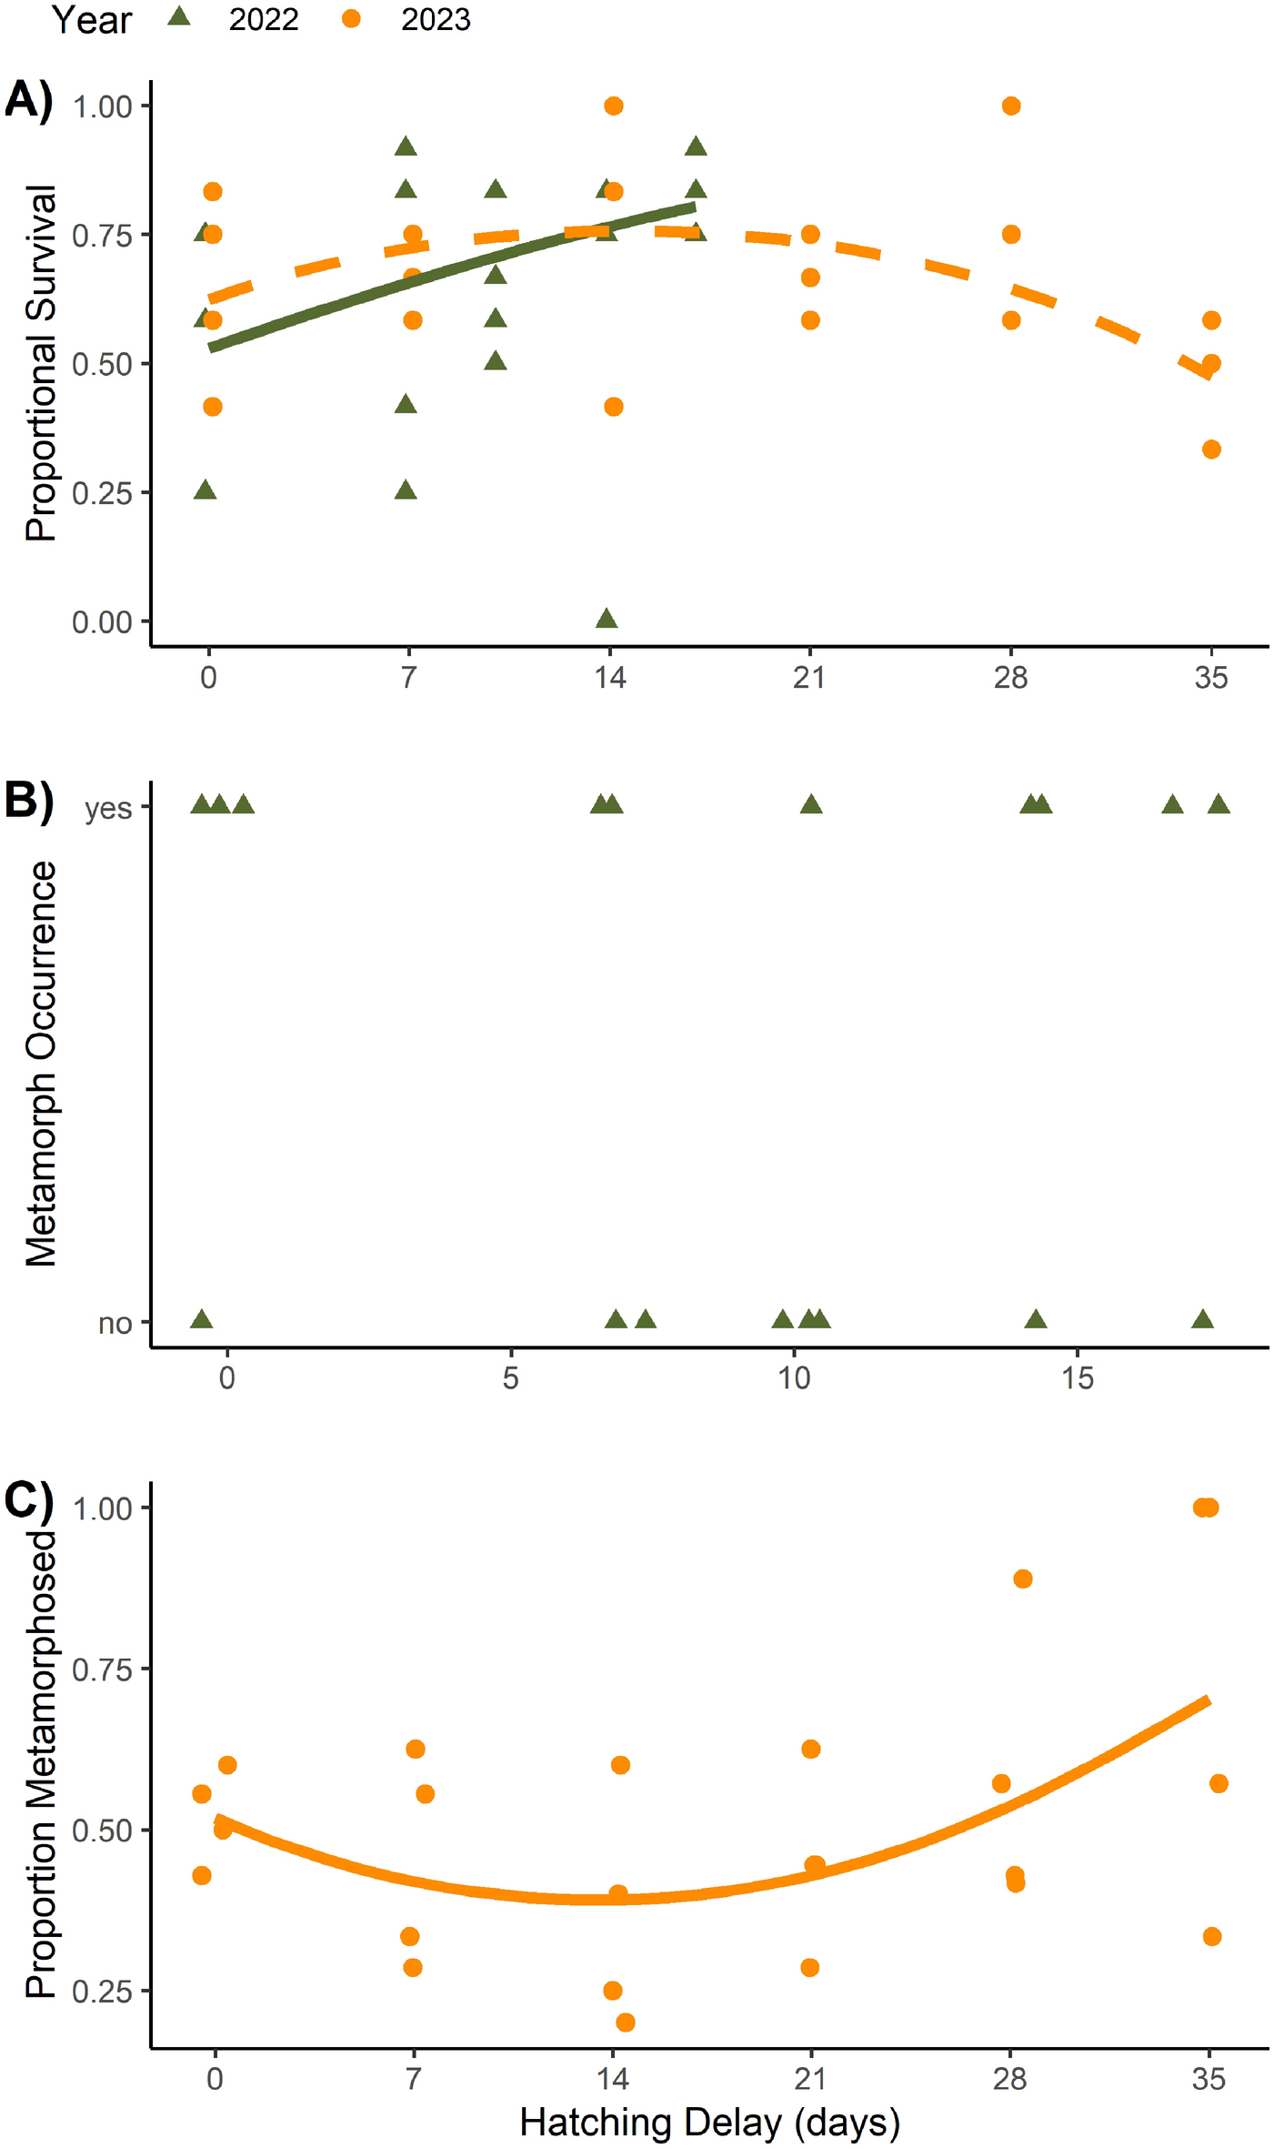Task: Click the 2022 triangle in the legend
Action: pos(179,17)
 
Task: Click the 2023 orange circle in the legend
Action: pos(351,18)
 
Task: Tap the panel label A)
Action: pos(29,99)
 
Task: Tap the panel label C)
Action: pos(29,1499)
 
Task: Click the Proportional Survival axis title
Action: pos(41,364)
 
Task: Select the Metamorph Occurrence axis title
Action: pos(41,1064)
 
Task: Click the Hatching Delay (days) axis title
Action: pos(709,2122)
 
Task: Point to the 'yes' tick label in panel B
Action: pos(108,808)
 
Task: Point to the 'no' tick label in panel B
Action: pos(115,1324)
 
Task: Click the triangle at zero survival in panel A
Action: pos(607,620)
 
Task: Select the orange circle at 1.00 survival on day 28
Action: pos(1010,106)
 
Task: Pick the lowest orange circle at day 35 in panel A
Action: pos(1211,449)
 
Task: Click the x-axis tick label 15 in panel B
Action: pos(1078,1378)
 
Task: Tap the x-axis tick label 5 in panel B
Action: pos(510,1378)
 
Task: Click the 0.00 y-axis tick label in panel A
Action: pos(102,622)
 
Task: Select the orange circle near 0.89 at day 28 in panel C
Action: pos(1022,1579)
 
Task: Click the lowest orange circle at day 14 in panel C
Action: pos(625,2023)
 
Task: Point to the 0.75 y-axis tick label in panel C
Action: pos(102,1670)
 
